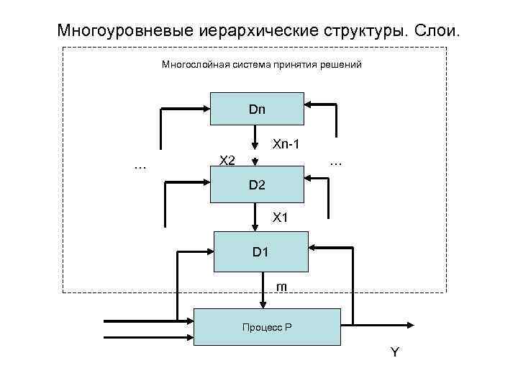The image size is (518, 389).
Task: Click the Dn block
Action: point(257,109)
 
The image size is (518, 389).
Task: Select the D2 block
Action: point(257,184)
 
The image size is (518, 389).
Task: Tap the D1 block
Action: point(260,251)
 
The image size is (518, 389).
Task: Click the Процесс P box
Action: point(266,327)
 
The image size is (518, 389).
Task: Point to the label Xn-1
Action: point(286,145)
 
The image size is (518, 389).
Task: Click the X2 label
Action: point(227,160)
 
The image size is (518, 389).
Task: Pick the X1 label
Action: point(279,217)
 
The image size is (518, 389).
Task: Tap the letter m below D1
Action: point(282,287)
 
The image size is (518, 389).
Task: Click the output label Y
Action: point(394,352)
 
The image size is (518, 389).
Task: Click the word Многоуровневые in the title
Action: point(119,32)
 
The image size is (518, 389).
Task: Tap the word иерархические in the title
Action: point(252,32)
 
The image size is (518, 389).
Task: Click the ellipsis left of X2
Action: point(140,166)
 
